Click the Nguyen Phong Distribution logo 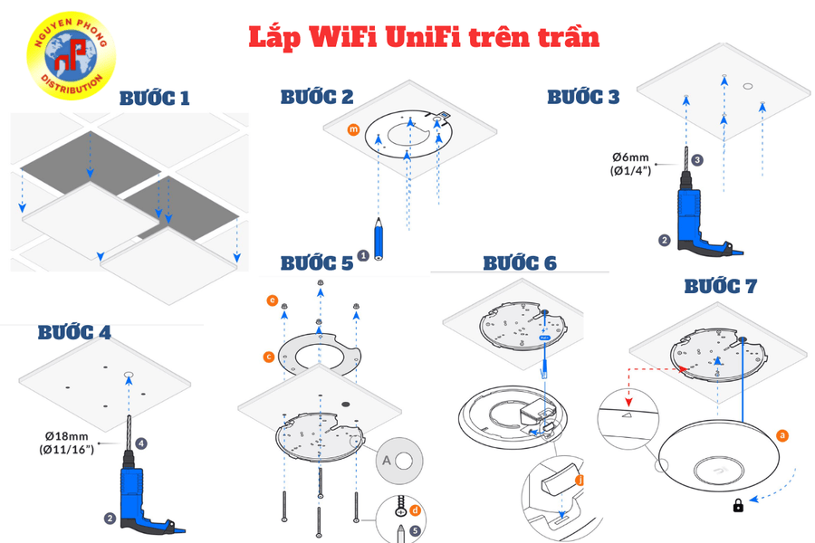(x=71, y=56)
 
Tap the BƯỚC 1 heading (x=155, y=99)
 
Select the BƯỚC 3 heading (x=583, y=96)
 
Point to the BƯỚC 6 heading (x=519, y=262)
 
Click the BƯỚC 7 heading (x=720, y=286)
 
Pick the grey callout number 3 (x=697, y=159)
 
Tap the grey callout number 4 (x=142, y=443)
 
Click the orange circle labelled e (x=272, y=300)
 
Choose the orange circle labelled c (x=269, y=357)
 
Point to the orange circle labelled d (x=416, y=511)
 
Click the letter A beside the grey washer (x=387, y=460)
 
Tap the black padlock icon (x=739, y=505)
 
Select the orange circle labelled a (x=782, y=435)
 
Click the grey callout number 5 (x=415, y=530)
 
